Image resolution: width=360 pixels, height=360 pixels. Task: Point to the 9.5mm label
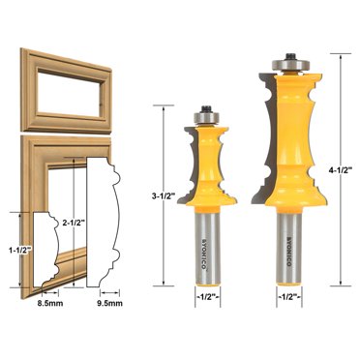pyautogui.click(x=111, y=302)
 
